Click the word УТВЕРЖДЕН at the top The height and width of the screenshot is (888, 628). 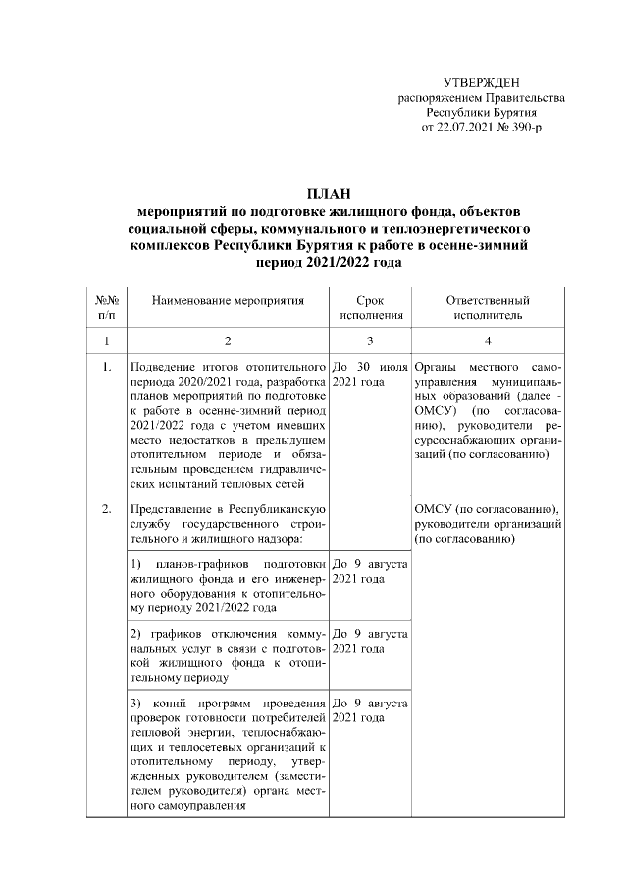click(x=481, y=85)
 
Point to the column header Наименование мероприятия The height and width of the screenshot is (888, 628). click(x=227, y=301)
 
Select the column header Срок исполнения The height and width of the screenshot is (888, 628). click(x=371, y=308)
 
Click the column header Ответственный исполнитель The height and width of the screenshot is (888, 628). click(x=488, y=308)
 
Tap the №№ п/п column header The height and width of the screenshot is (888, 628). click(x=107, y=308)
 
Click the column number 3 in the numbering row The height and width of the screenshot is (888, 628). click(x=371, y=340)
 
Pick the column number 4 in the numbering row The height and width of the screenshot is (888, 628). click(x=488, y=340)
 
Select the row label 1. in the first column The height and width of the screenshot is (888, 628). click(x=107, y=367)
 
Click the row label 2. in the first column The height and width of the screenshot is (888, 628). click(x=107, y=510)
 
